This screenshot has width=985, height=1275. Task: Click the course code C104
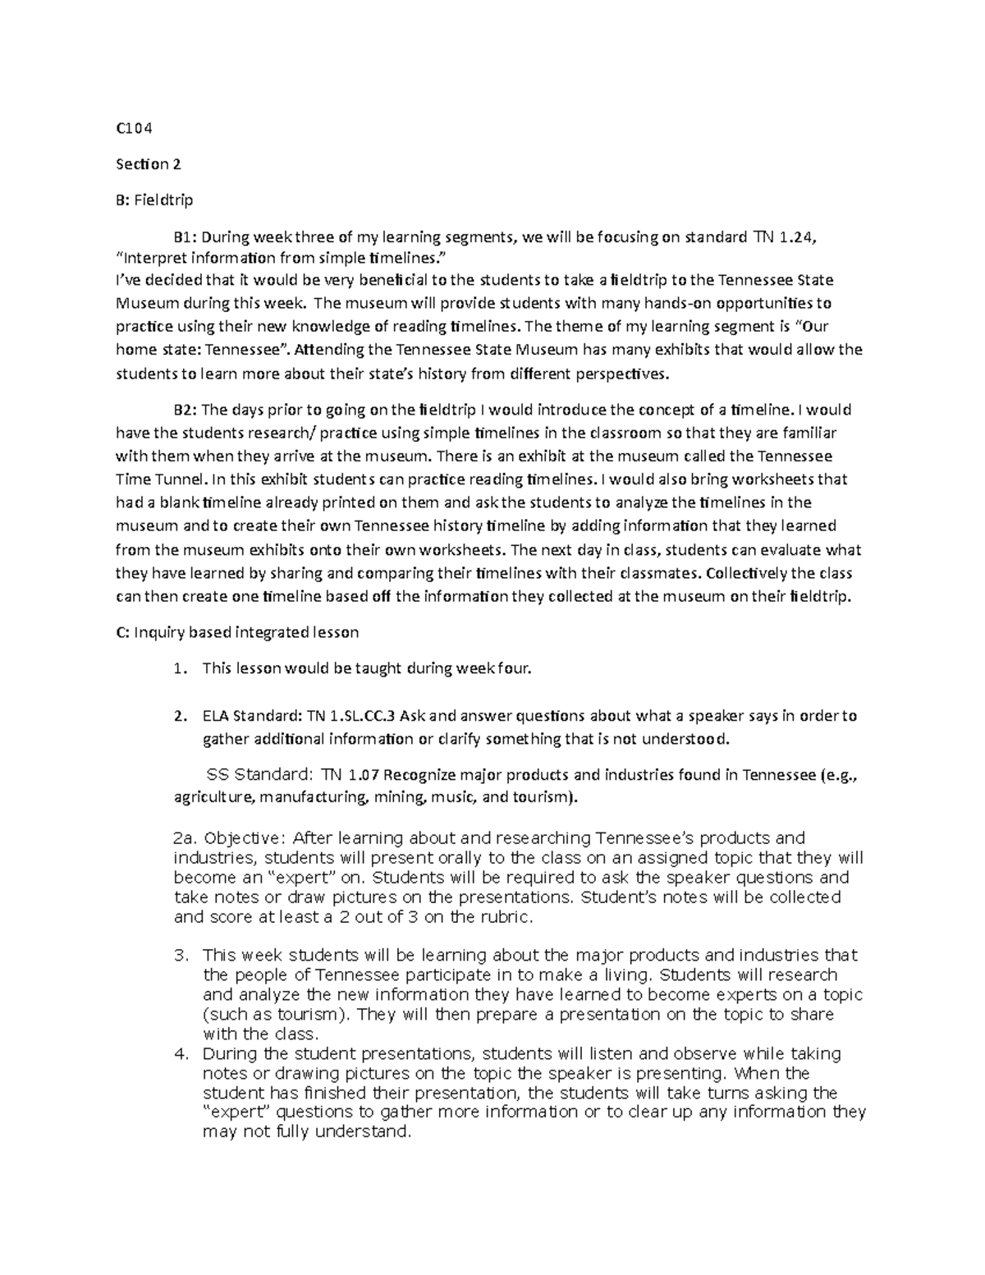click(x=134, y=128)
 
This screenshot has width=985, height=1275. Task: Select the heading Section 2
click(x=148, y=164)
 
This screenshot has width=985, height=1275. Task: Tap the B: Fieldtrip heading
click(x=154, y=200)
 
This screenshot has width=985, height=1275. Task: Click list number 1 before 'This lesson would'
click(x=179, y=669)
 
